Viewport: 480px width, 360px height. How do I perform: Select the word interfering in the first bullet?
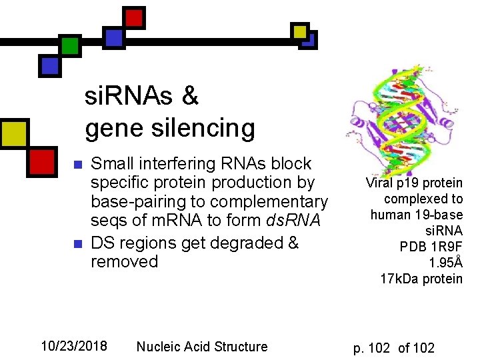(x=187, y=164)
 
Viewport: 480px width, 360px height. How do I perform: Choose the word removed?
(x=124, y=261)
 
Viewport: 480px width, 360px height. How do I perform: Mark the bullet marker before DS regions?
(x=77, y=243)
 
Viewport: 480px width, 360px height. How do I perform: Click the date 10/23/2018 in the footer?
(x=73, y=346)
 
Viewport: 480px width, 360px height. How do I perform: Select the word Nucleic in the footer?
(x=159, y=347)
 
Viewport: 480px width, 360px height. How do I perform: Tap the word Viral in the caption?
(x=379, y=183)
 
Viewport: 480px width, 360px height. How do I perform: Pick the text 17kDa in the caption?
(x=399, y=279)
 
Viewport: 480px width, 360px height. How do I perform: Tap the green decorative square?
(x=70, y=45)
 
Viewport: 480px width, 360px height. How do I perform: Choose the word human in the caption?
(x=390, y=215)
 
